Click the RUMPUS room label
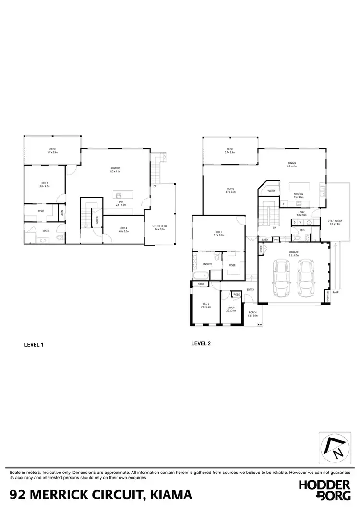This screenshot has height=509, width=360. (115, 168)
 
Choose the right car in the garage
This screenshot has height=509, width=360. (305, 279)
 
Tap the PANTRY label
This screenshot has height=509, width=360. (271, 190)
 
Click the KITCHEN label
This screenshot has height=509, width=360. (299, 194)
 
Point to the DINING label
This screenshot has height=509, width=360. (292, 164)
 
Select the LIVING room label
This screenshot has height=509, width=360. (230, 189)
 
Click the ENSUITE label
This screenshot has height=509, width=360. (208, 264)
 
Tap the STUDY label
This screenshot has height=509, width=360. (231, 308)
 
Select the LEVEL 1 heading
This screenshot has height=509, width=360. (34, 344)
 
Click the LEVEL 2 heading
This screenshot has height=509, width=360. (201, 343)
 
